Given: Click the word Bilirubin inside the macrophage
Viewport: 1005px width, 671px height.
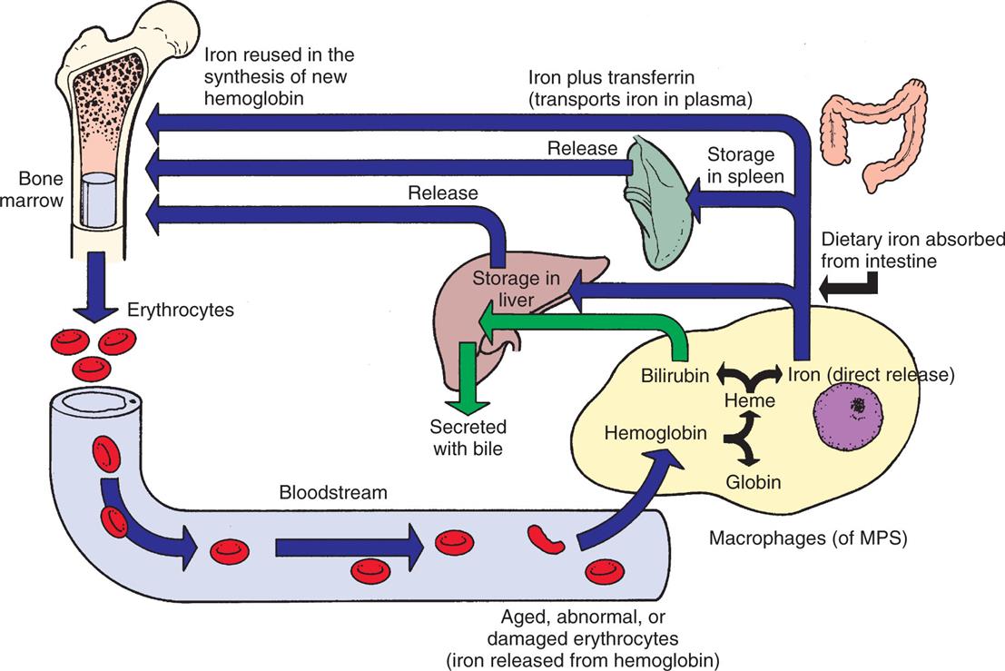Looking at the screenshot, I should coord(675,373).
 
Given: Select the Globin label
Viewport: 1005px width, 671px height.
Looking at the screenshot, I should coord(753,482).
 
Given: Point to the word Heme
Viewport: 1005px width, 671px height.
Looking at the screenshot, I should coord(748,400).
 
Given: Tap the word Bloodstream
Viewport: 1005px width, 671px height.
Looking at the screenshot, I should coord(333,493).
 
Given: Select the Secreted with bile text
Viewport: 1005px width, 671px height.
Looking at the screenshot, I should coord(468,437).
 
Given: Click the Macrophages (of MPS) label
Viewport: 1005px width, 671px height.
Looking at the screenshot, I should coord(807,538).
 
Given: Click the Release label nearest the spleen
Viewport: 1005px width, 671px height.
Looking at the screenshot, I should coord(582,148).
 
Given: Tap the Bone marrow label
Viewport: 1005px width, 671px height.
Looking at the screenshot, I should coord(33,188).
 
